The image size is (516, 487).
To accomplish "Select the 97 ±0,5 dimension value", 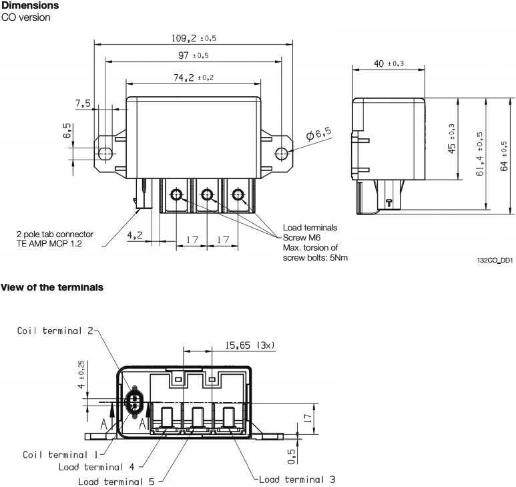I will point(192,55).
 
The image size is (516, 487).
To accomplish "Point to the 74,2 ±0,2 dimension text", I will point(192,77).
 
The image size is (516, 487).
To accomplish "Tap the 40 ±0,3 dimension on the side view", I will point(387,63).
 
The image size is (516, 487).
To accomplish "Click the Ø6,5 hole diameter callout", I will point(319,134).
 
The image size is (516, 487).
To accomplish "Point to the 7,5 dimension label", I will point(84,103).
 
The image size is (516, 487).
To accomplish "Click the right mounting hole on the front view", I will point(282,153).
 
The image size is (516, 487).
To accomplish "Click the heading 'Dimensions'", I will point(29,5).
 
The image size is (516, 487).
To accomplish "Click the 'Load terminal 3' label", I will point(296,478).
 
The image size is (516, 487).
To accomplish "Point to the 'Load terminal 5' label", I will point(116,480).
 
